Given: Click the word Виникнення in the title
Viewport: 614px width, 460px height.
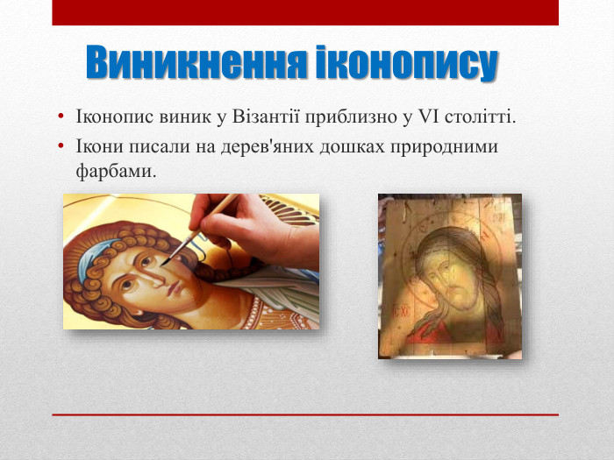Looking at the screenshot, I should [197, 63].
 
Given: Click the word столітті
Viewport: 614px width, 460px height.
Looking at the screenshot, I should [482, 117].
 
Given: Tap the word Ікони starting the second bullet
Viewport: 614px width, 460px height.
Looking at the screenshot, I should [99, 146].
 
